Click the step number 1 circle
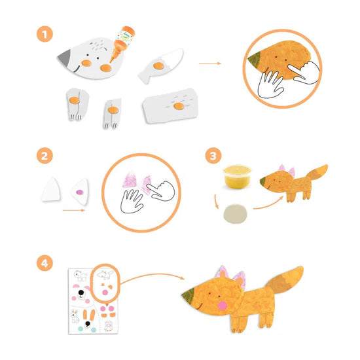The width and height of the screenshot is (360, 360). tap(45, 34)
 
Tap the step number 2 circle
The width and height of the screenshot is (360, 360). tap(45, 156)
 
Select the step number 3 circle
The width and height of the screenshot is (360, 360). tap(213, 156)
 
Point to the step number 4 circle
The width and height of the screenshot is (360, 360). tap(45, 263)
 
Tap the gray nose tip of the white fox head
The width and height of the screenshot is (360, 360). tap(64, 57)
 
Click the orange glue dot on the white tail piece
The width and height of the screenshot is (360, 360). tap(158, 65)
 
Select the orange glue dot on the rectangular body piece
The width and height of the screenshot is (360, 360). tap(179, 106)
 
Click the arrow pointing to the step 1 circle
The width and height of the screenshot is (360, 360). tap(210, 63)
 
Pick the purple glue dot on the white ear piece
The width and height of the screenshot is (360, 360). tap(80, 192)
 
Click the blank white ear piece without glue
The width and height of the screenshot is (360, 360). tap(51, 190)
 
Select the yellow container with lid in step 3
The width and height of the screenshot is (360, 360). tap(237, 177)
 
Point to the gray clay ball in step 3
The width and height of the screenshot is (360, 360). tap(236, 214)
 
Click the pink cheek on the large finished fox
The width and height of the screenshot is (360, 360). tap(223, 306)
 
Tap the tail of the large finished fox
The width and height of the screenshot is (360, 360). tap(286, 279)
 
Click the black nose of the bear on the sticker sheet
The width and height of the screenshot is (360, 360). tap(81, 293)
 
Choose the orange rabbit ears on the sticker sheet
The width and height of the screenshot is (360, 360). tap(89, 315)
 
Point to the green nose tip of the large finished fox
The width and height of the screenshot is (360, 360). tap(189, 295)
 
